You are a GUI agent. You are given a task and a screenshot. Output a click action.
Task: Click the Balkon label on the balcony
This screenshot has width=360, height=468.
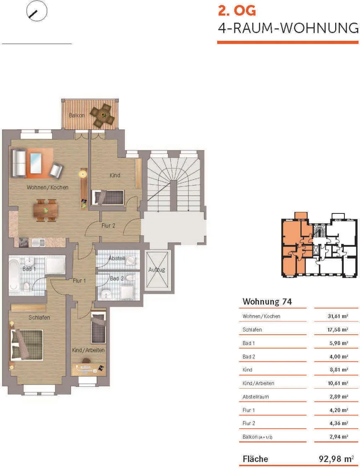pyautogui.click(x=77, y=115)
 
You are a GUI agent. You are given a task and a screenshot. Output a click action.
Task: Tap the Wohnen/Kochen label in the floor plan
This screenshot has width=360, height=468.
pyautogui.click(x=48, y=187)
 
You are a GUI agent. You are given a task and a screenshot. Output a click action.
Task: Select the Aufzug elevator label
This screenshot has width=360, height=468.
pyautogui.click(x=156, y=270)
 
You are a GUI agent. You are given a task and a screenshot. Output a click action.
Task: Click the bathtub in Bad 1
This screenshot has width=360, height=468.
pyautogui.click(x=14, y=275)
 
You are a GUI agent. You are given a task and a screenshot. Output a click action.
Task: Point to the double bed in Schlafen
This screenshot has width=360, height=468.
pyautogui.click(x=27, y=345)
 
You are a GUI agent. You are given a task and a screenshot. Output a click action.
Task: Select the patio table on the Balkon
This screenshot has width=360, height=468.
pyautogui.click(x=103, y=115)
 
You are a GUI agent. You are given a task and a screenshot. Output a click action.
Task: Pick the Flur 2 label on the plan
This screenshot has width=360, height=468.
pyautogui.click(x=108, y=226)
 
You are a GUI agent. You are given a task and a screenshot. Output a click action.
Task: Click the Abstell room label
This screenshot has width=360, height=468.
pyautogui.click(x=117, y=258)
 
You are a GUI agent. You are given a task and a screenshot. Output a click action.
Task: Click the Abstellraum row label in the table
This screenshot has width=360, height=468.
pyautogui.click(x=256, y=397)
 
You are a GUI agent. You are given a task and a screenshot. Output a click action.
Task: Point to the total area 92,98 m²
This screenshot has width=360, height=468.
pyautogui.click(x=336, y=459)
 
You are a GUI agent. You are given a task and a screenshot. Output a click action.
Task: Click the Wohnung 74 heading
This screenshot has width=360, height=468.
pyautogui.click(x=267, y=301)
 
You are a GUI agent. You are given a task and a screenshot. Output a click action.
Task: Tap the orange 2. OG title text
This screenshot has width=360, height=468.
pyautogui.click(x=237, y=11)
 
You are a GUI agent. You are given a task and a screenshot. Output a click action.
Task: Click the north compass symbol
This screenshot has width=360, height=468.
pyautogui.click(x=37, y=11)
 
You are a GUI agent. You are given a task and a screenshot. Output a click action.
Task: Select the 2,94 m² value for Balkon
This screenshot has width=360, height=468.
pyautogui.click(x=339, y=437)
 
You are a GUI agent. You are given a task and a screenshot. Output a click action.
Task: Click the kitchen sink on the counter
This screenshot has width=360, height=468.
pyautogui.click(x=38, y=242)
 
